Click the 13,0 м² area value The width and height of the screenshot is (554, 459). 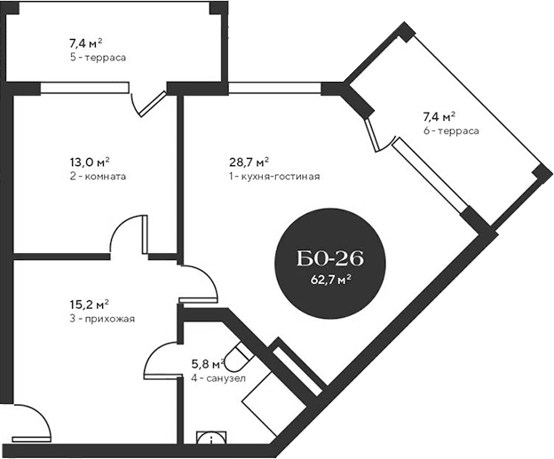click(91, 162)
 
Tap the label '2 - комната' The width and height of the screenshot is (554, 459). click(96, 176)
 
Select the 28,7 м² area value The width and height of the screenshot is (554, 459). click(249, 162)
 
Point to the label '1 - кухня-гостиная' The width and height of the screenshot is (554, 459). click(273, 176)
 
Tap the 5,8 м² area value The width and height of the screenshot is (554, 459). click(207, 364)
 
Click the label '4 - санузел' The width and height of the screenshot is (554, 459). click(213, 377)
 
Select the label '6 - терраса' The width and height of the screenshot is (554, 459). click(451, 131)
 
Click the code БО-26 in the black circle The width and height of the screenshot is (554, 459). click(330, 260)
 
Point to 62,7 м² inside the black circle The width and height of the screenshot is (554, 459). click(330, 279)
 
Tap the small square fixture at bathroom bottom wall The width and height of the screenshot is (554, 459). click(210, 438)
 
